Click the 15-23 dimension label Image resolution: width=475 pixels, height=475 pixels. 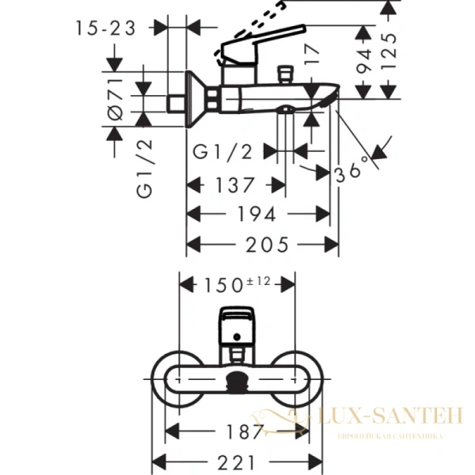click(106, 28)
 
